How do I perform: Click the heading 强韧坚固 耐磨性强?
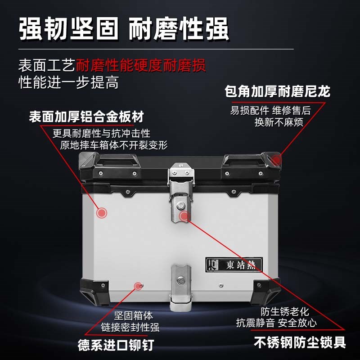(124, 30)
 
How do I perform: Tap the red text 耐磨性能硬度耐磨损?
(141, 66)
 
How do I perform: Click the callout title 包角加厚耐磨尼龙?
(277, 92)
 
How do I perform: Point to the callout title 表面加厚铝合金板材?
(86, 117)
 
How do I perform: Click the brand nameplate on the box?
(233, 264)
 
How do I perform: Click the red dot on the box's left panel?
(102, 212)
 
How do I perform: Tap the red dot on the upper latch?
(183, 216)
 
